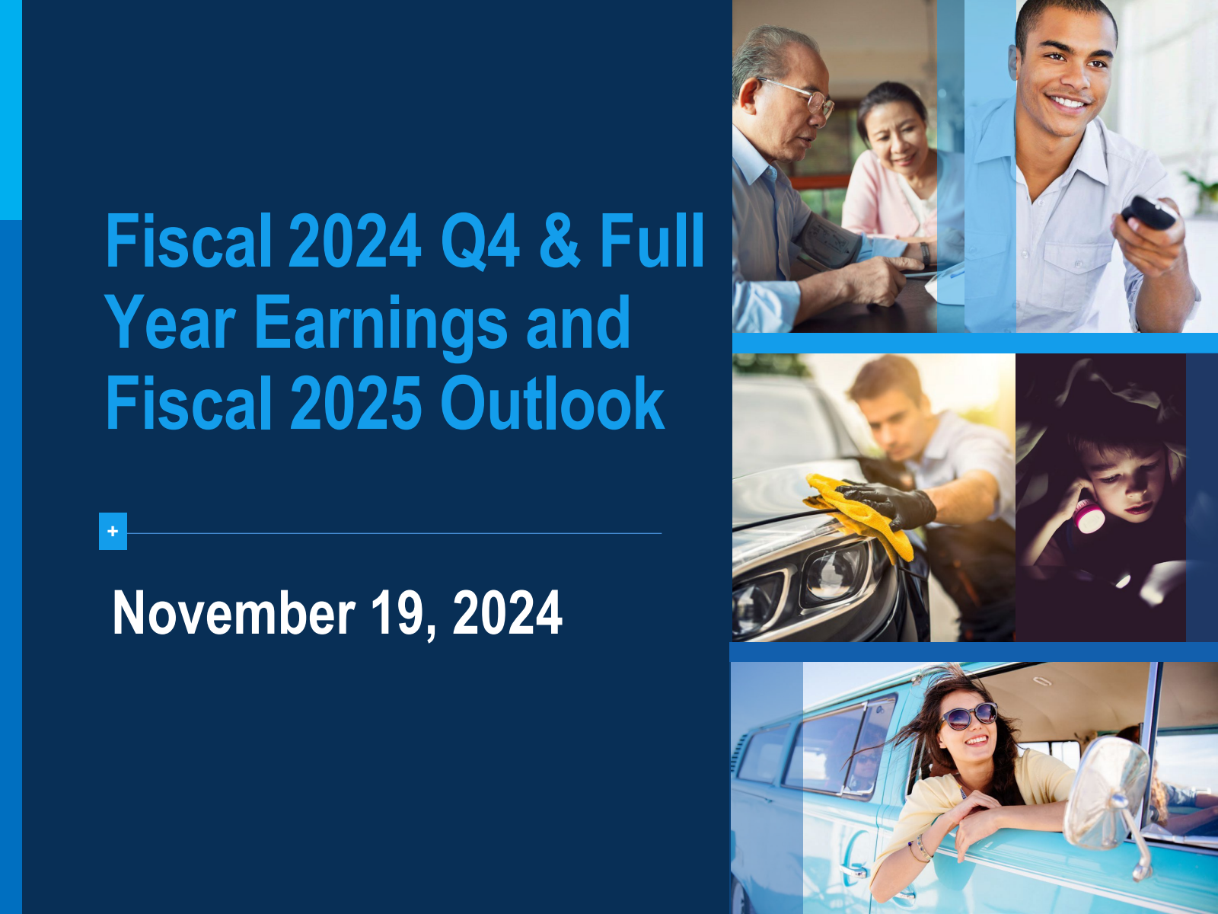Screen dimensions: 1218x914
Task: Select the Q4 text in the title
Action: pos(480,241)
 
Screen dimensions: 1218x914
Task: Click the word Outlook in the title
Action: pos(552,402)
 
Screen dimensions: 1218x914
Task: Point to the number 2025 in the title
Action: pos(356,402)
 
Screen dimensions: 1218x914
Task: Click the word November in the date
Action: pos(234,612)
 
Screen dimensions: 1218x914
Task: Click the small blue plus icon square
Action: pos(113,531)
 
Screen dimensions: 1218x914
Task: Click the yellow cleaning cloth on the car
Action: pos(857,513)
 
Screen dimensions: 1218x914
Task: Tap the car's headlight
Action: pos(835,574)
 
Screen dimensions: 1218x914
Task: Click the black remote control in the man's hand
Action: pos(1148,212)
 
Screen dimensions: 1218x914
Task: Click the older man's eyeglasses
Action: pos(799,95)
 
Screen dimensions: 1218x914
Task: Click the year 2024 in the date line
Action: pos(507,612)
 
